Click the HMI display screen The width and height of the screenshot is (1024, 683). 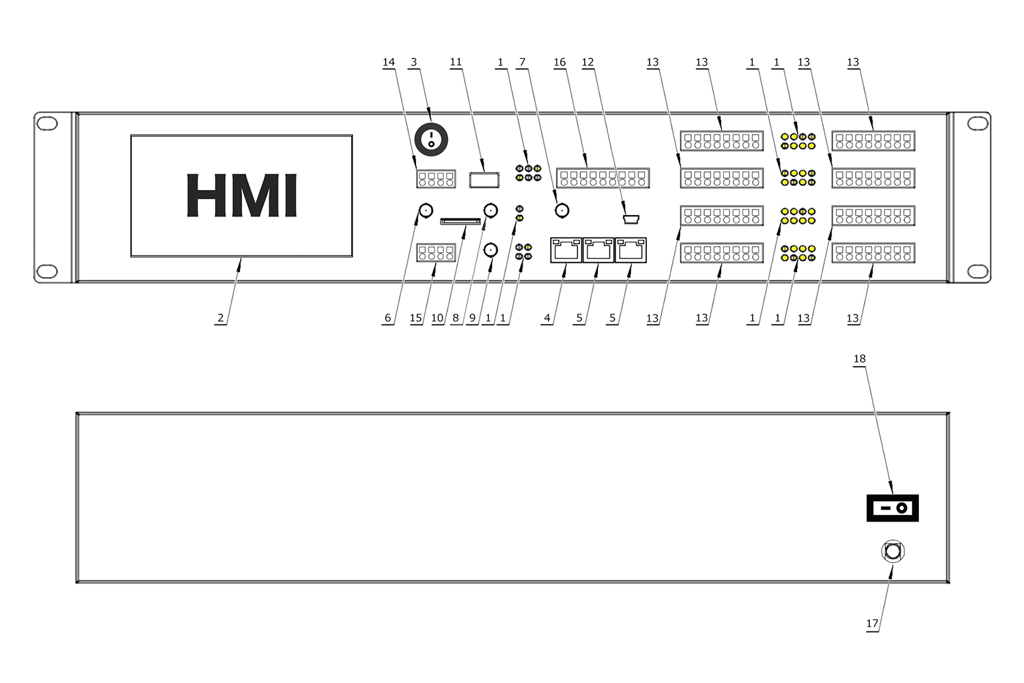click(241, 195)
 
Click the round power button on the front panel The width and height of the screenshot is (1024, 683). click(431, 139)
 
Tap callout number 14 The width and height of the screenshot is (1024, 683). click(388, 62)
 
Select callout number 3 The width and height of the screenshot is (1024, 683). click(414, 62)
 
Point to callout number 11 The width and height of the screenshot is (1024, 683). click(456, 62)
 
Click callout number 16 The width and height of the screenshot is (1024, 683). click(560, 62)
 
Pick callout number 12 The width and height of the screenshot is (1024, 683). click(587, 62)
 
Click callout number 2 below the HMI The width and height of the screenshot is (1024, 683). click(220, 318)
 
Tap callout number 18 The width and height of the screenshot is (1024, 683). click(859, 359)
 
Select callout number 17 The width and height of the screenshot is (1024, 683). click(873, 623)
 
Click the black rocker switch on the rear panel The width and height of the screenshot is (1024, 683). click(892, 508)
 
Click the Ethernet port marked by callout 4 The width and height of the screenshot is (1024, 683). click(566, 250)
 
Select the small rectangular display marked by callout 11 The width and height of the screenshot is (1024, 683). click(483, 179)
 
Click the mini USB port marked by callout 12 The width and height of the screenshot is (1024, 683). click(630, 218)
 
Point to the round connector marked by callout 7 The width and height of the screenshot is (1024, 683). click(562, 211)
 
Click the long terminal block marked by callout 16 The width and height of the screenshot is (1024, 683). click(603, 178)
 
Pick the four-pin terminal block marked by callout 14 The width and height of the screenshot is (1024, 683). click(436, 179)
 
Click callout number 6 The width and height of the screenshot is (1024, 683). click(388, 318)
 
